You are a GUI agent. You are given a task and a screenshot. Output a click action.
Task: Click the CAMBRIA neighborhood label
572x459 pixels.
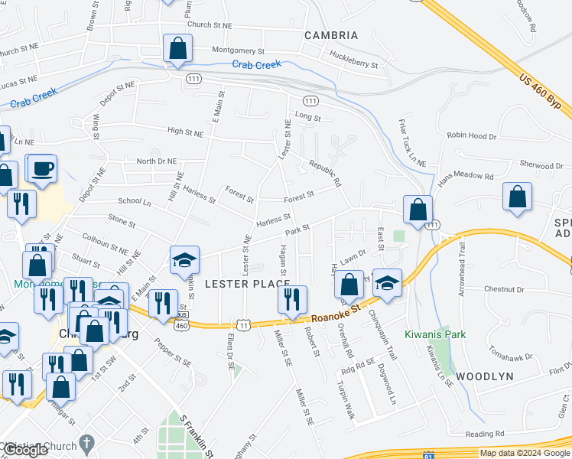330,35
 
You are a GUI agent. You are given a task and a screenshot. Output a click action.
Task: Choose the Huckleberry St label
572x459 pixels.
353,60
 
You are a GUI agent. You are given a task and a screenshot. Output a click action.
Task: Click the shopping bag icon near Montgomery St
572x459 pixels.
177,49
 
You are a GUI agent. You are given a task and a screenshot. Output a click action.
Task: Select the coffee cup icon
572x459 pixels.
42,168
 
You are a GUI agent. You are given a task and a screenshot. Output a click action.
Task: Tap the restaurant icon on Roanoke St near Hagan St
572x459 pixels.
292,300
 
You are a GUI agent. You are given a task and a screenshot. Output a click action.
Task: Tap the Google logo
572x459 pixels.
24,451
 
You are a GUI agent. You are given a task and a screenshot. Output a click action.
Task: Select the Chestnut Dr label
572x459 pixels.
504,289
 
